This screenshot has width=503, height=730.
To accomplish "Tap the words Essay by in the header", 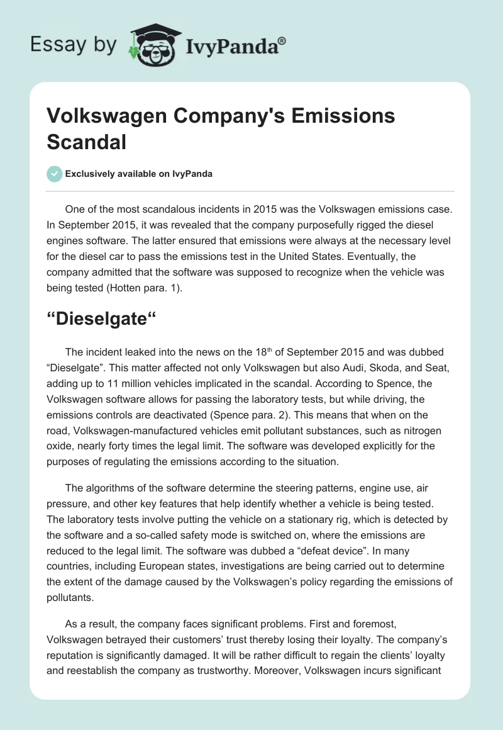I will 72,45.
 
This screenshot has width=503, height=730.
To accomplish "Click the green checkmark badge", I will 55,174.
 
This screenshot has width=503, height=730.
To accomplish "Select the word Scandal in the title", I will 87,142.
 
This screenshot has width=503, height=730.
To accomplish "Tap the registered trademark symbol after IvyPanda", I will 283,40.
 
